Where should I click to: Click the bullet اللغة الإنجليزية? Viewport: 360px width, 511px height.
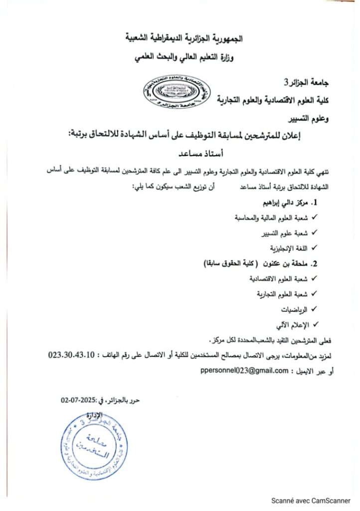click(285, 248)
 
